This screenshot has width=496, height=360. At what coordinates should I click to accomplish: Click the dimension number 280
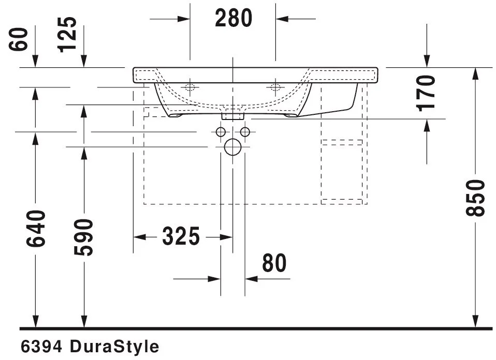pos(234,18)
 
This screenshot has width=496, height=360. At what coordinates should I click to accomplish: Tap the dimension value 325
pos(181,236)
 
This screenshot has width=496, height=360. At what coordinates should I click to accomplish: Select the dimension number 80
pos(274,263)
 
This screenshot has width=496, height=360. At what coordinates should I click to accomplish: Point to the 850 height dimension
pos(475,198)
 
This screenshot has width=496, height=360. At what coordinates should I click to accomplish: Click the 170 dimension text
pos(426,93)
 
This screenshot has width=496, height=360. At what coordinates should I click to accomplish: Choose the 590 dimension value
pos(84,237)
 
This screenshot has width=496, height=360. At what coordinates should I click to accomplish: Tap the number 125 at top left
pos(67,34)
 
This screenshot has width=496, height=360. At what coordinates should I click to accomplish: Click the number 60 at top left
pos(19,39)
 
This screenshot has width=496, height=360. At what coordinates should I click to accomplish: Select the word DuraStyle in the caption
pos(114,347)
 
